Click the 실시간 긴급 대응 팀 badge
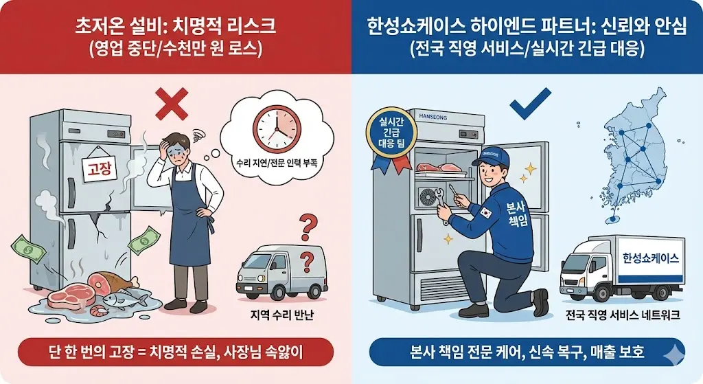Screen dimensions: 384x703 click(389, 134)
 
